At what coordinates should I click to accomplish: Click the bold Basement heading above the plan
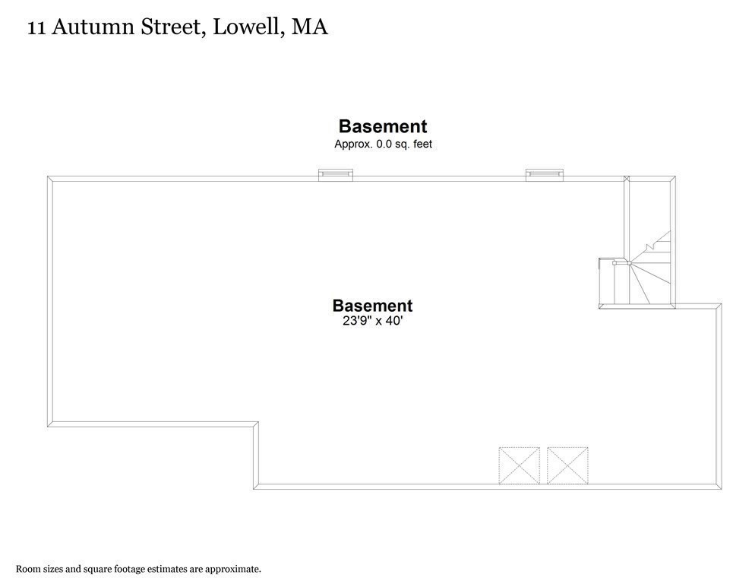(x=383, y=126)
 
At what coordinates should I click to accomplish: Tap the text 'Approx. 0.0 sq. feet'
(x=384, y=144)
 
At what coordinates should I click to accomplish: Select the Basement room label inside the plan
(x=372, y=306)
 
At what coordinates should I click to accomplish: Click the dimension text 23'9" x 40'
(x=372, y=321)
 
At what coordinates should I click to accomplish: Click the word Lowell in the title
(x=245, y=27)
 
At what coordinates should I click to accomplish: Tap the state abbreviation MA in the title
(x=310, y=27)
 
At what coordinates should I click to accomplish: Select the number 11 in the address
(x=36, y=28)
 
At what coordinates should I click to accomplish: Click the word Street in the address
(x=169, y=27)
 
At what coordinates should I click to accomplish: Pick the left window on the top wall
(x=336, y=175)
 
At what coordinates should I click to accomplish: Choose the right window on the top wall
(x=545, y=175)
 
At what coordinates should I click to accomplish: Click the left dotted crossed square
(x=519, y=465)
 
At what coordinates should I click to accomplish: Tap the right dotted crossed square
(x=567, y=465)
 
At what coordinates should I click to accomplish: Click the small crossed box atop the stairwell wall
(x=627, y=179)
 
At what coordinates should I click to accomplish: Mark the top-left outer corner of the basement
(x=48, y=176)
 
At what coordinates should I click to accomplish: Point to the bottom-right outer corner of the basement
(x=722, y=489)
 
